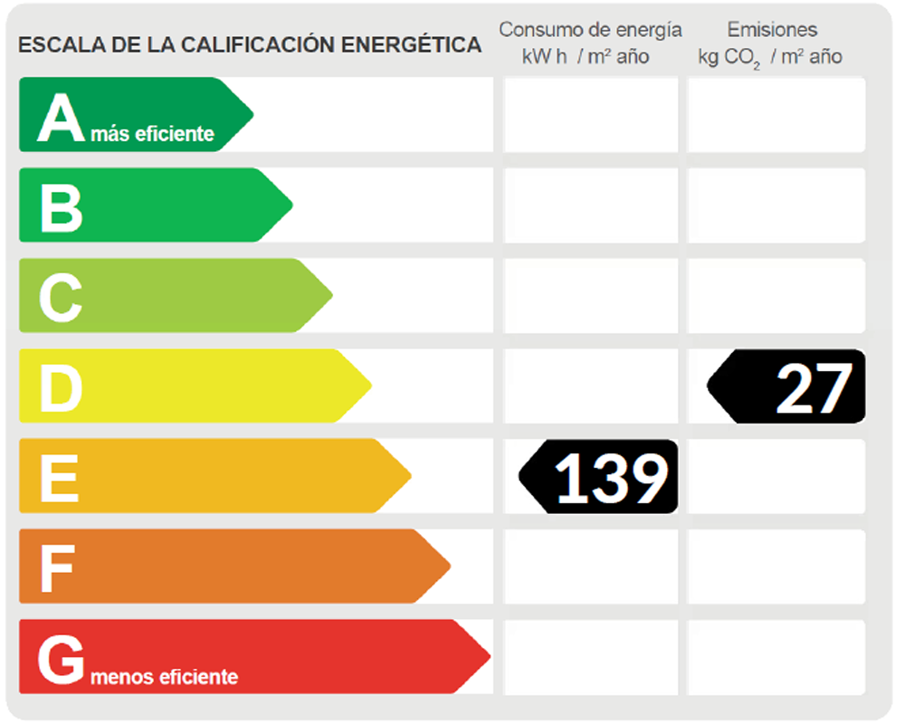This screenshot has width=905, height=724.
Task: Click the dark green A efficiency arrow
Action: coord(136,114)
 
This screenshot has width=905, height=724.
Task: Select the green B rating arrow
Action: coord(154,205)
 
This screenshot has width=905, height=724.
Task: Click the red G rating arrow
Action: coord(253,657)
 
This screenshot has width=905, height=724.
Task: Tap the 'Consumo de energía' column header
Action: coord(590,30)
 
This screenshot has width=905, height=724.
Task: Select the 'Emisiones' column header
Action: coord(772,30)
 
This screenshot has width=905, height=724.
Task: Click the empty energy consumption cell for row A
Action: coord(590,114)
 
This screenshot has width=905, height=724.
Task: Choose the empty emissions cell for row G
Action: coord(776,657)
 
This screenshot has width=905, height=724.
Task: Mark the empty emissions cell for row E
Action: coord(776,476)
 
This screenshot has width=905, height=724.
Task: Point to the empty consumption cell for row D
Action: coord(590,386)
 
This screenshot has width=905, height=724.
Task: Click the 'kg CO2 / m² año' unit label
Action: coord(770,57)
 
